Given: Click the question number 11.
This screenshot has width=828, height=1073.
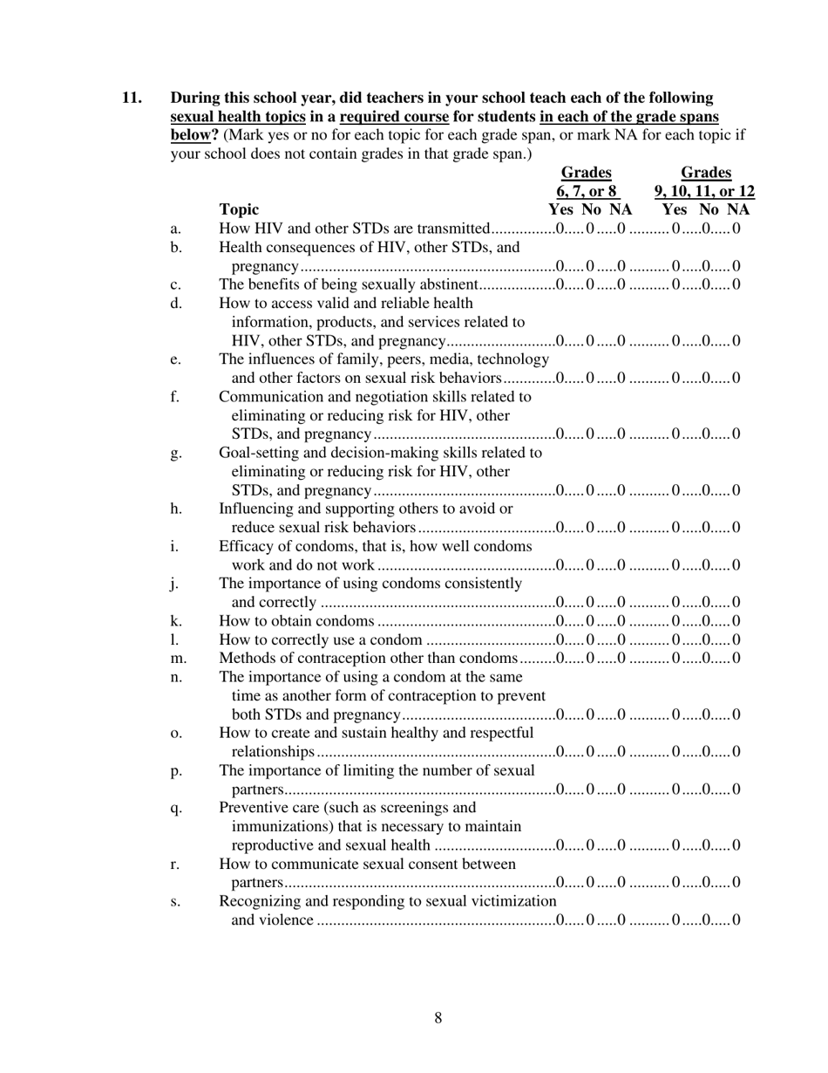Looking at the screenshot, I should pos(131,98).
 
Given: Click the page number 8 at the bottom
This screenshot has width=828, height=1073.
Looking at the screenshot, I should pos(438,1018).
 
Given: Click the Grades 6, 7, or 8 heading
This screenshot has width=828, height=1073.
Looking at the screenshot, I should pos(586,182).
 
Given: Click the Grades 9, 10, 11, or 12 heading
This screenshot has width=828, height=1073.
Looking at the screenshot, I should pos(705,182).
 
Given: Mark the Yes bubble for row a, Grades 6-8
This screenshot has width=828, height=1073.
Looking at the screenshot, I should pos(559,229).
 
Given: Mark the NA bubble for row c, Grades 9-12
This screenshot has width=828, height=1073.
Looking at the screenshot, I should pos(736,284).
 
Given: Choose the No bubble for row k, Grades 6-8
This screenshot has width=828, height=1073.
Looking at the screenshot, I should pos(591,621).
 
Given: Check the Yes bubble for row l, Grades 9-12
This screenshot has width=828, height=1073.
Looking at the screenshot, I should pos(676,639).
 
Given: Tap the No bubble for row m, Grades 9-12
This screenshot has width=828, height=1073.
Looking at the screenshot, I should pos(706,658).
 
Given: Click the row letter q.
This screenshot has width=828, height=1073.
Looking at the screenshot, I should pos(175,809).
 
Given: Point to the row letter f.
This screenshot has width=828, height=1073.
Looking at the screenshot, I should pos(175,397).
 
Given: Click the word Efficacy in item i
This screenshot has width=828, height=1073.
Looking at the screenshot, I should pos(245,546).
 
